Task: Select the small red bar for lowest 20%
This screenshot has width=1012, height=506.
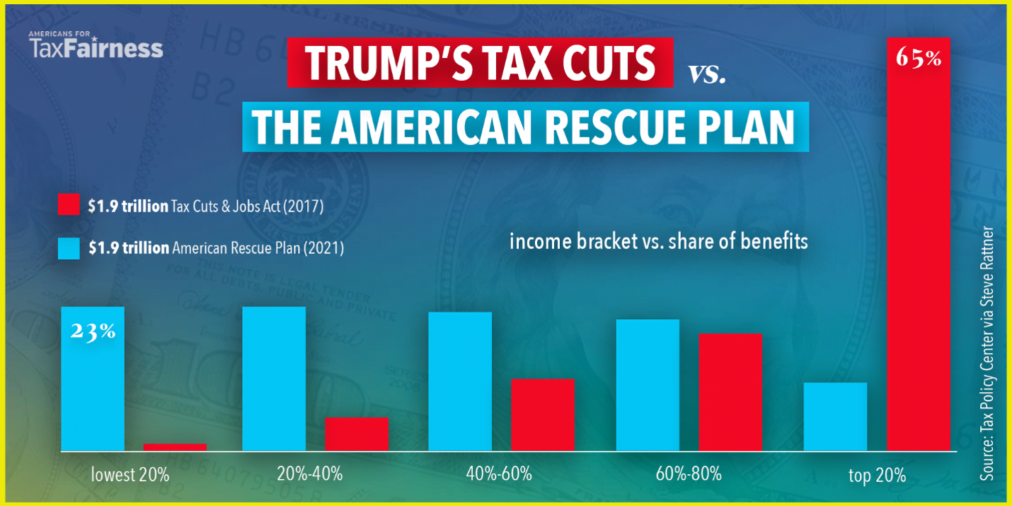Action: click(175, 447)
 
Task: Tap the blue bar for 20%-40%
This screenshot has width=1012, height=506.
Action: click(274, 379)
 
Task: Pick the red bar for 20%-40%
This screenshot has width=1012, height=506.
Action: click(357, 434)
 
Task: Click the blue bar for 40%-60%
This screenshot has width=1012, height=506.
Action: click(460, 381)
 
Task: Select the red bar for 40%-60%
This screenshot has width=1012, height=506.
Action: click(543, 415)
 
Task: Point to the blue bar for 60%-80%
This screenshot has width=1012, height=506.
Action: click(648, 385)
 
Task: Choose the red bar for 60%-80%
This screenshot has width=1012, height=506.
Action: click(730, 392)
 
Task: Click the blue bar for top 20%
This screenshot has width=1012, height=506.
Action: click(835, 417)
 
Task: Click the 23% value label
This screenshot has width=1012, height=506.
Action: click(93, 331)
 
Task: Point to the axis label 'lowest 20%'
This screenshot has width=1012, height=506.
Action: click(130, 474)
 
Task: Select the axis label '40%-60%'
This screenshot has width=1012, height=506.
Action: click(499, 473)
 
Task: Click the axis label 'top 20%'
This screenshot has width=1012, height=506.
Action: click(877, 475)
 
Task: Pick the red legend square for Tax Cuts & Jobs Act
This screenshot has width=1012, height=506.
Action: click(69, 206)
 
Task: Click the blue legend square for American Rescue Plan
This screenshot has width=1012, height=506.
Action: click(69, 248)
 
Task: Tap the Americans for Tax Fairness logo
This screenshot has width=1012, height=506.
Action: click(96, 45)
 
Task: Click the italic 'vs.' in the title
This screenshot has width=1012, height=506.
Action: click(708, 73)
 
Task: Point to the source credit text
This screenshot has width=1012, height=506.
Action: click(987, 354)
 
